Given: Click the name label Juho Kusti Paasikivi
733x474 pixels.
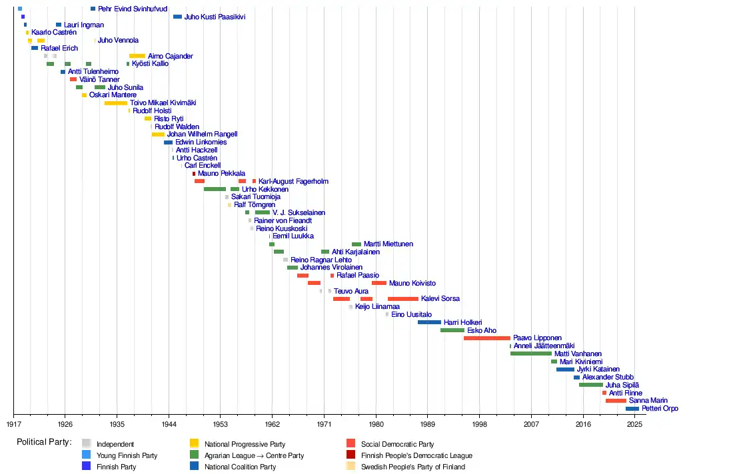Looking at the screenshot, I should point(215,17).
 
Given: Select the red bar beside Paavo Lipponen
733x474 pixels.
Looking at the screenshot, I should point(486,338).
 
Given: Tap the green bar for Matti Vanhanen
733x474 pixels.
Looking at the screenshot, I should point(530,354).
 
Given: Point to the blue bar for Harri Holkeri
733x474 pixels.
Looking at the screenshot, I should point(429,322).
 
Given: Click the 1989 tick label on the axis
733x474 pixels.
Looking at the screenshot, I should point(428,424).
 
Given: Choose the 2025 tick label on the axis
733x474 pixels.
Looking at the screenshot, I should point(634,424).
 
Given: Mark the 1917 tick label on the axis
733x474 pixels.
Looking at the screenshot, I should point(13,424).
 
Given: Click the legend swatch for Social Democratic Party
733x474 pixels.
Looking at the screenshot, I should point(351,444).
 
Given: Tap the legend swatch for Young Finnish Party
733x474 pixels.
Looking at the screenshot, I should point(86,455).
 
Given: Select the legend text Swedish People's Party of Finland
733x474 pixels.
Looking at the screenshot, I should point(413,467).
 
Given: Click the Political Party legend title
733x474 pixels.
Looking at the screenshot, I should point(44,442).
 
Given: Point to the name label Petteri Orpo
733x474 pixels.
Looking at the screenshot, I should point(660,409).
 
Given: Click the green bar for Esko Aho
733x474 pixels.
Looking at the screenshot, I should point(452,330).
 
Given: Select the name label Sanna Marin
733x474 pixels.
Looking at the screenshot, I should point(648,401).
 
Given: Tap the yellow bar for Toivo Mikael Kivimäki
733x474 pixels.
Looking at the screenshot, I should point(116,103).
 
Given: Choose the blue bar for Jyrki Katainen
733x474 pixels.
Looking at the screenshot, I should point(565,369).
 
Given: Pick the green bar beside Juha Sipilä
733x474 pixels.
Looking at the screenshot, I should point(591,385).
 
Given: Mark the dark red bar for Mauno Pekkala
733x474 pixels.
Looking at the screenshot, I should point(194,174).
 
